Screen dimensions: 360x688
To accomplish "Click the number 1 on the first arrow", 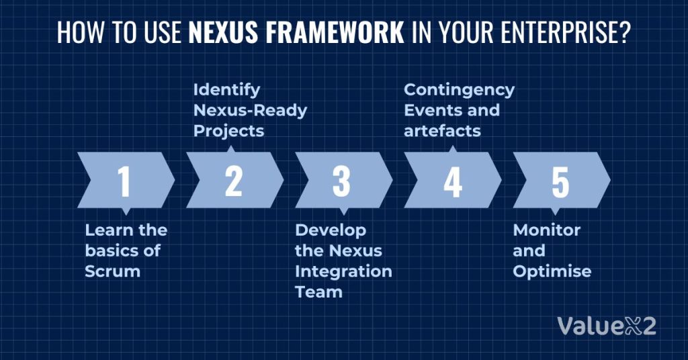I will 124,181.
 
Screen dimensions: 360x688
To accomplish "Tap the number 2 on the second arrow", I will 233,181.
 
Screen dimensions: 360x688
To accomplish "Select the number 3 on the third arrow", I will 341,181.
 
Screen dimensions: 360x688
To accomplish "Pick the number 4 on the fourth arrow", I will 452,181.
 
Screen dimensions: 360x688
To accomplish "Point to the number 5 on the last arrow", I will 560,181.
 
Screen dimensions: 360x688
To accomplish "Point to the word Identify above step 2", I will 226,89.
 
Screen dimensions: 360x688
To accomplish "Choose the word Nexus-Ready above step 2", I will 250,110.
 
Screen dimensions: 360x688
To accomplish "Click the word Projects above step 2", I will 228,131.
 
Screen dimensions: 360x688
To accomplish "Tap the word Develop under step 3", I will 331,230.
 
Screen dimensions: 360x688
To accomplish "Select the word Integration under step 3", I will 343,271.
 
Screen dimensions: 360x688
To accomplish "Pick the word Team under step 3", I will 318,292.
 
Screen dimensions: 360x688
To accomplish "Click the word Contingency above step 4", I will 459,89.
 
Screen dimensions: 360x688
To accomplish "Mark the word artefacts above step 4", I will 442,131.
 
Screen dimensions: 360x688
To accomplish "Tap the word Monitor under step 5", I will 546,230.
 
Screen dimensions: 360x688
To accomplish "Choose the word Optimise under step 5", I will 552,271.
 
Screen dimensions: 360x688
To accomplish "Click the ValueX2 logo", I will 606,326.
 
